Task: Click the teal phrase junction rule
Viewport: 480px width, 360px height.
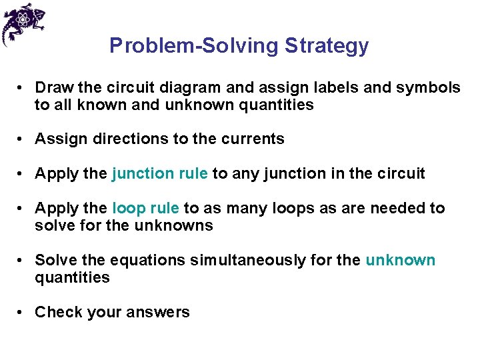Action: [x=160, y=173]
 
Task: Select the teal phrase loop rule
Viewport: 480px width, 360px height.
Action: [x=145, y=208]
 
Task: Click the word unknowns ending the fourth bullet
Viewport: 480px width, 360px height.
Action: [x=174, y=225]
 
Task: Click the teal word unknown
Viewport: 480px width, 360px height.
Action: [x=400, y=260]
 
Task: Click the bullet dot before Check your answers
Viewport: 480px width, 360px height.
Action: [x=22, y=312]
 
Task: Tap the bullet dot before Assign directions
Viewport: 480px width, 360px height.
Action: [x=22, y=139]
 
